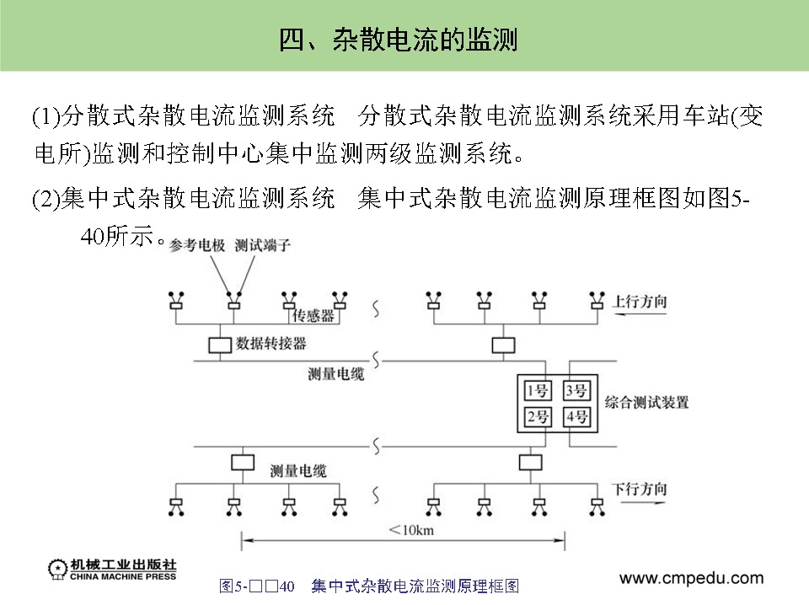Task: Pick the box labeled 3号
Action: pyautogui.click(x=577, y=390)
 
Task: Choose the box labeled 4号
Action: pyautogui.click(x=577, y=416)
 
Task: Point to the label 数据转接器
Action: pyautogui.click(x=271, y=344)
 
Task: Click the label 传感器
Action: pyautogui.click(x=313, y=316)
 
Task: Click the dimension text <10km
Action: pyautogui.click(x=411, y=529)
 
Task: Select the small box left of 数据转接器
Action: pyautogui.click(x=219, y=344)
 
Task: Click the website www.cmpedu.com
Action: pyautogui.click(x=691, y=578)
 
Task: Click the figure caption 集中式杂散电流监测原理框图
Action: pyautogui.click(x=414, y=586)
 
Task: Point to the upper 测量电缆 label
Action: pyautogui.click(x=336, y=373)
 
